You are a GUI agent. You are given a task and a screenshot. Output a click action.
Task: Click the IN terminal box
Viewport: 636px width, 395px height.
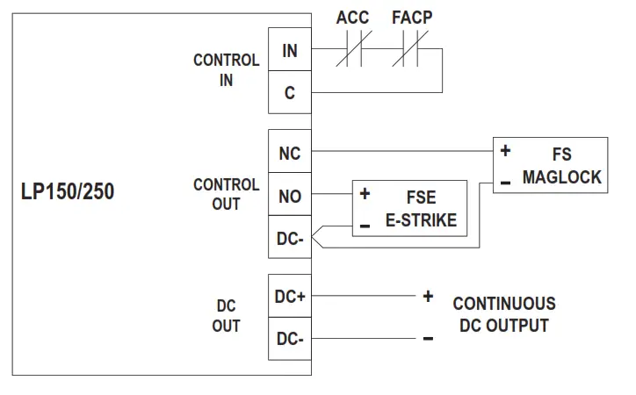point(289,51)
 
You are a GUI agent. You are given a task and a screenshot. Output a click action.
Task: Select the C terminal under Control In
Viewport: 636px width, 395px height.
point(289,92)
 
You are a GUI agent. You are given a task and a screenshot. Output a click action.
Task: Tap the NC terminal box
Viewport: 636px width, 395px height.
point(289,154)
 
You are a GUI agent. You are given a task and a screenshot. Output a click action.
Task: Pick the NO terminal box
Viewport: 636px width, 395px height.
point(289,196)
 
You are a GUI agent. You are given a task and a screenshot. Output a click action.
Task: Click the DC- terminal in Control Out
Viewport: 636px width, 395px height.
point(289,237)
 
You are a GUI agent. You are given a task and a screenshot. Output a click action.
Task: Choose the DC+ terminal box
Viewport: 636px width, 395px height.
point(289,297)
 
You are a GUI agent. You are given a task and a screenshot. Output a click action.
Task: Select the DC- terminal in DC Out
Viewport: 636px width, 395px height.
point(289,339)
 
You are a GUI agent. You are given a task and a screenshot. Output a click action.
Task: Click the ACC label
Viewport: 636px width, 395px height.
point(353,18)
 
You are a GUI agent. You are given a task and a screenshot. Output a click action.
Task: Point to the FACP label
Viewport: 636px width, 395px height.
point(412,18)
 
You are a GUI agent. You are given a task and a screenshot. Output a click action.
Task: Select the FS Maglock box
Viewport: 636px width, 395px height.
point(550,164)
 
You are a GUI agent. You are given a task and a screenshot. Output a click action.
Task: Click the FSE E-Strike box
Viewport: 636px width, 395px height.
point(409,208)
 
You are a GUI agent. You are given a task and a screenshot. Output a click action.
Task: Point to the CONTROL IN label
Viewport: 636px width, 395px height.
point(226,70)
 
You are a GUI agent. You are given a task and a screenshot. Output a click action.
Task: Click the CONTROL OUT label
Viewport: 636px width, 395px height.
point(226,195)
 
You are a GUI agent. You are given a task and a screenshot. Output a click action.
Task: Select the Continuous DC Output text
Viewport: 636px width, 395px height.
point(503,314)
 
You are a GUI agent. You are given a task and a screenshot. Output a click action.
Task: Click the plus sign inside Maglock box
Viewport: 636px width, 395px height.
point(505,151)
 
